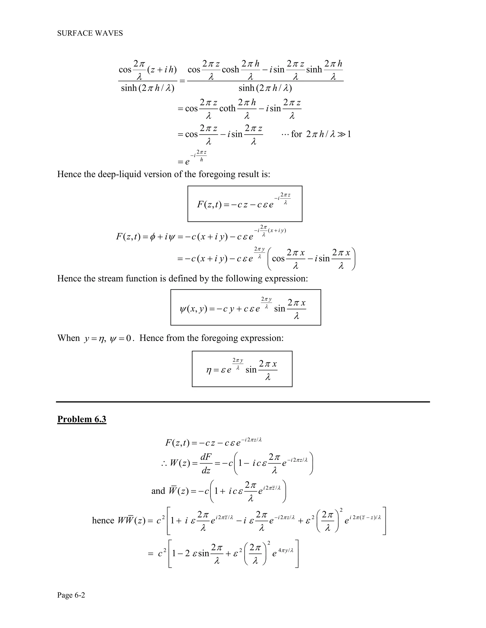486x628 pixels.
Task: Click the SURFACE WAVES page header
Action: [x=90, y=33]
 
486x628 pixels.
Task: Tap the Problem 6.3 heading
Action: [x=82, y=419]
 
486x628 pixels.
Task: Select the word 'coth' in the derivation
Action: [x=227, y=109]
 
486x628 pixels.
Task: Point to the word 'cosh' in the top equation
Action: [x=230, y=70]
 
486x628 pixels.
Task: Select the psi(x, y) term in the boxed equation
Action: [x=193, y=309]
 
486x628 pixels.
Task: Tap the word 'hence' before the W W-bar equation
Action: [x=103, y=520]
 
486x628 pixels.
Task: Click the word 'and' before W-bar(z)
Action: [x=158, y=491]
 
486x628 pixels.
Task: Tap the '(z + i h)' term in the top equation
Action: [x=162, y=70]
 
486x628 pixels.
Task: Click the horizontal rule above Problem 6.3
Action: [x=243, y=402]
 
